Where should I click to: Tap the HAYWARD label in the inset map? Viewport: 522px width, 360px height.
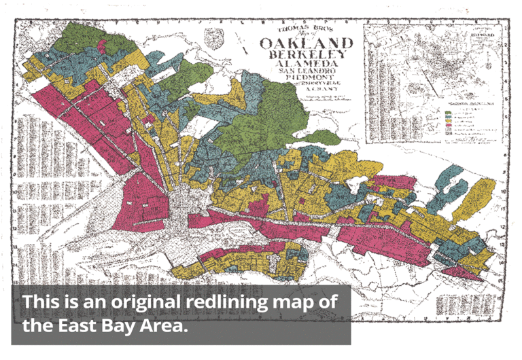[x=480, y=33]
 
